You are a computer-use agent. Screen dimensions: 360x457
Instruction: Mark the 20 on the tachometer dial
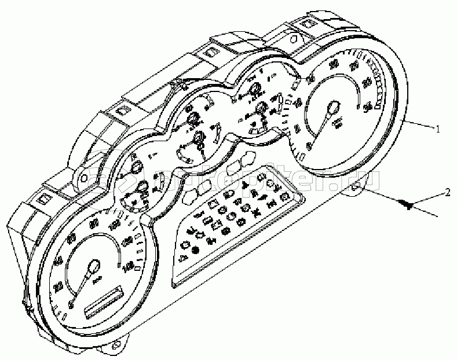tap(334, 64)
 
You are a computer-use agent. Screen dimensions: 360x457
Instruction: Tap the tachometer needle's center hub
tap(333, 108)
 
